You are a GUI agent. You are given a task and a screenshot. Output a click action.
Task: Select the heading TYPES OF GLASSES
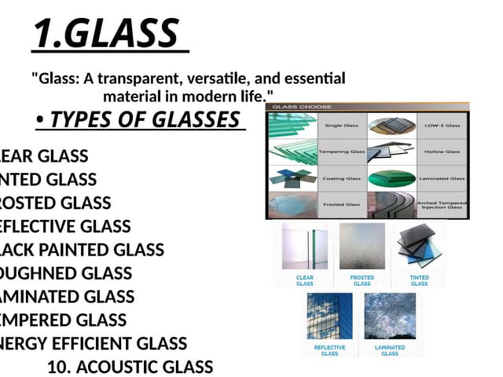point(145,119)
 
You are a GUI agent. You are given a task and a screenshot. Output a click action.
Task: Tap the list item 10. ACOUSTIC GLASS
point(130,367)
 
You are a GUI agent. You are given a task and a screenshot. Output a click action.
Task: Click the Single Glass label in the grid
point(343,125)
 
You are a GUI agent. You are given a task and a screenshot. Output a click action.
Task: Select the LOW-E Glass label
point(442,125)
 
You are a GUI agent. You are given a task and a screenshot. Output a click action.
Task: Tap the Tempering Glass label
point(342,151)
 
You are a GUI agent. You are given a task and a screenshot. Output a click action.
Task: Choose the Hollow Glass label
point(442,151)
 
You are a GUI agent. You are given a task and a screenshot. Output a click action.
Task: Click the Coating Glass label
point(342,178)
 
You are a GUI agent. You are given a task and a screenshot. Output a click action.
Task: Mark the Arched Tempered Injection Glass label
point(442,205)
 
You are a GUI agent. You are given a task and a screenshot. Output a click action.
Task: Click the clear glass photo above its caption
point(305,247)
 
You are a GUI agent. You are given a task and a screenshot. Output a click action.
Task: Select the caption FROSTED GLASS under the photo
point(362,280)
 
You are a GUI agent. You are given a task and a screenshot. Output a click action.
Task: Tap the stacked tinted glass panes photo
point(419,247)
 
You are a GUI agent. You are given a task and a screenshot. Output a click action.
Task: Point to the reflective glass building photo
point(329,316)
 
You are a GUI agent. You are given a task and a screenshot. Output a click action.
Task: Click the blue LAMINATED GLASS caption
point(390,350)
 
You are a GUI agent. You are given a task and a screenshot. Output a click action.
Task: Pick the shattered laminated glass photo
point(390,316)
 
